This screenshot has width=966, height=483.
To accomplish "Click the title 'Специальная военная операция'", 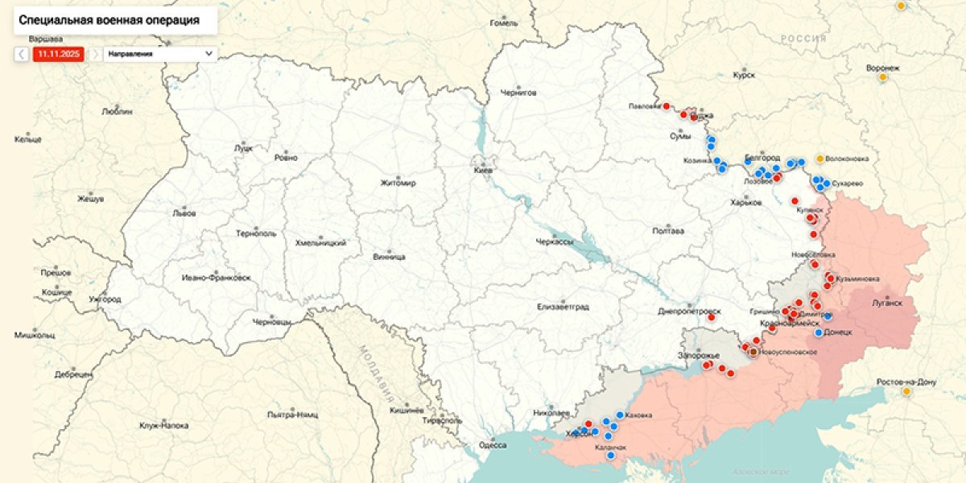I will [109, 20].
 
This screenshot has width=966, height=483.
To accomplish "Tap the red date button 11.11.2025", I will [57, 54].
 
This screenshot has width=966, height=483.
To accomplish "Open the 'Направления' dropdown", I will [160, 54].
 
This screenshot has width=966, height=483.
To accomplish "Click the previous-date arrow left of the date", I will [22, 54].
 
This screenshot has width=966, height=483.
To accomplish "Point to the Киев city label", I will [483, 171].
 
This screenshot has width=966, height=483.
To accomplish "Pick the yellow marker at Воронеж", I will [882, 77].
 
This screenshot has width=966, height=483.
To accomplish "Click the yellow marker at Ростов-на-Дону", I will [906, 391].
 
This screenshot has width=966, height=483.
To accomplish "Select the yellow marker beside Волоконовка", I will [820, 159].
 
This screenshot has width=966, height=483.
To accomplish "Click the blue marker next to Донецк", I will [819, 332].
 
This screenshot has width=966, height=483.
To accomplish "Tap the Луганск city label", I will [887, 303].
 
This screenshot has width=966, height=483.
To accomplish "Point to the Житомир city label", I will [398, 184].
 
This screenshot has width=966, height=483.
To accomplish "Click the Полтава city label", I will [668, 231].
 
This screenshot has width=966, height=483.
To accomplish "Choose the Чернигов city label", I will [518, 93].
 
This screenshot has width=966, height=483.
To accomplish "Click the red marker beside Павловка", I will [667, 106].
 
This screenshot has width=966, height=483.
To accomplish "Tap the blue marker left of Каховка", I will [619, 415].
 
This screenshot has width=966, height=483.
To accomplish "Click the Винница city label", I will [389, 257].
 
